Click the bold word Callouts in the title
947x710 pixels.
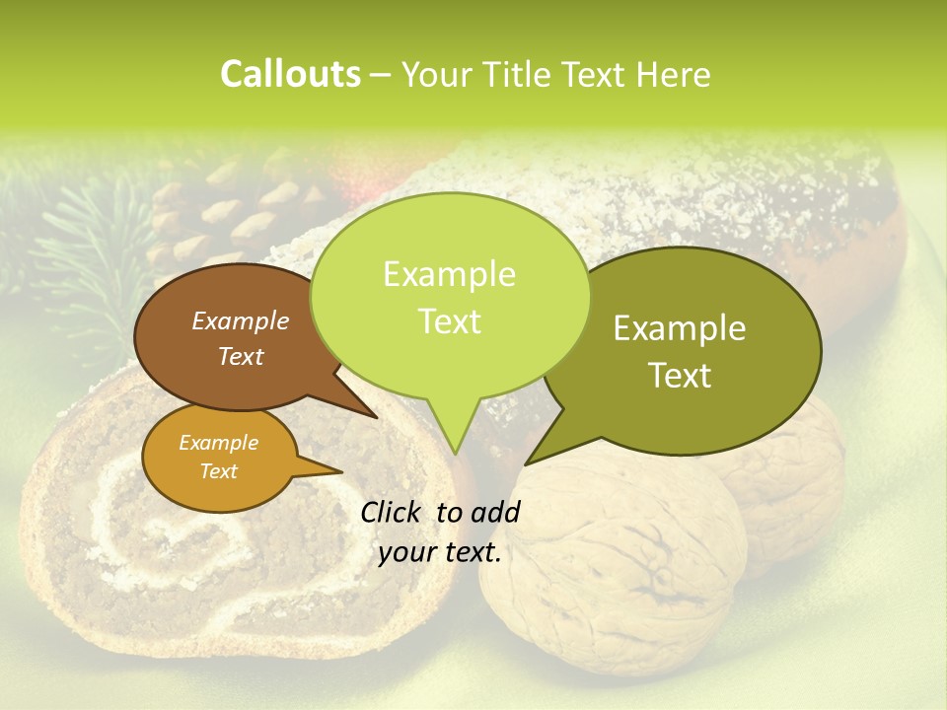pyautogui.click(x=290, y=74)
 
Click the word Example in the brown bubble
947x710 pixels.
pyautogui.click(x=241, y=321)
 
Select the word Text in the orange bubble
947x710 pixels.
pyautogui.click(x=219, y=471)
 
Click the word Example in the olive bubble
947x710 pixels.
pyautogui.click(x=680, y=329)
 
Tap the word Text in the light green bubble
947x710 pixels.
pyautogui.click(x=450, y=321)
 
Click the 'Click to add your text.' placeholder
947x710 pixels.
pyautogui.click(x=440, y=532)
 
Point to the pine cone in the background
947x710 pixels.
pyautogui.click(x=212, y=222)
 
